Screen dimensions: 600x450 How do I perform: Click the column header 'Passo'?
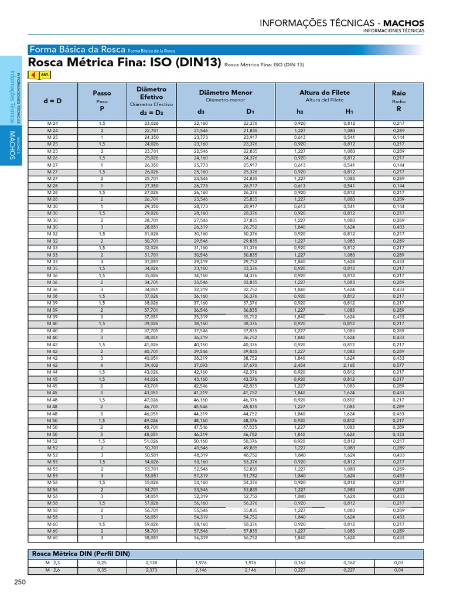tap(102, 93)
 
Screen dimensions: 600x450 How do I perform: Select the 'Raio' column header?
tap(398, 93)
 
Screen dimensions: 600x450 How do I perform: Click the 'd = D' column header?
tap(52, 101)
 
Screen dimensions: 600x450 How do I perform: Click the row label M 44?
tap(52, 371)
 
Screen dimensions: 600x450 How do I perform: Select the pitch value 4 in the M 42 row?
tap(101, 365)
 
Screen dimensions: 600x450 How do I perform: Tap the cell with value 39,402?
tap(151, 365)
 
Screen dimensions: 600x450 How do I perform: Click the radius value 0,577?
tap(398, 365)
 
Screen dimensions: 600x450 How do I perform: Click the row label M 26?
tap(52, 157)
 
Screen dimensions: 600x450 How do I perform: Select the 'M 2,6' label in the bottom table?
tap(52, 569)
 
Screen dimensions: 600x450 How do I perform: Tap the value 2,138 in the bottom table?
tap(151, 562)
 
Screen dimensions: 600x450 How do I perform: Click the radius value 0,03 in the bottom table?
tap(398, 562)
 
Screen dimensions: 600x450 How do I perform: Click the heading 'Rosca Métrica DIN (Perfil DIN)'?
tap(80, 553)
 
